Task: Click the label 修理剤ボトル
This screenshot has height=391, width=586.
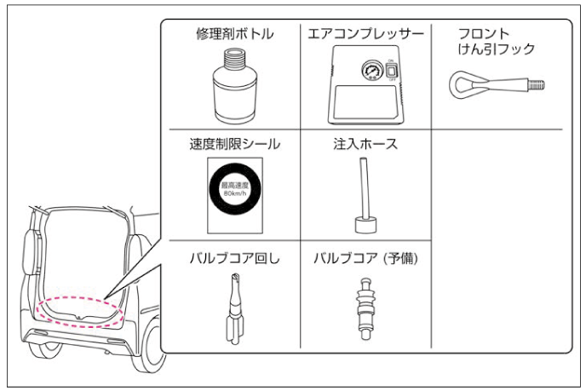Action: (233, 35)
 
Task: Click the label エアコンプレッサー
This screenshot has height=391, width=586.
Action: (365, 35)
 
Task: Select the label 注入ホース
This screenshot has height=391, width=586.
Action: (365, 144)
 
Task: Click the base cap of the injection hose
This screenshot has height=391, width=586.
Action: (364, 225)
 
